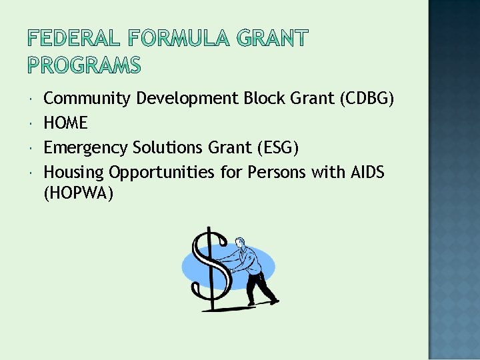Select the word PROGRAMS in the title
pyautogui.click(x=84, y=66)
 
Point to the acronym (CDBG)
pyautogui.click(x=367, y=99)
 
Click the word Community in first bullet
pyautogui.click(x=87, y=99)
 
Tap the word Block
pyautogui.click(x=263, y=99)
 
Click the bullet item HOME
pyautogui.click(x=65, y=123)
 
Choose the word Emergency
pyautogui.click(x=86, y=147)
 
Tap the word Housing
pyautogui.click(x=73, y=172)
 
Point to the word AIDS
pyautogui.click(x=367, y=172)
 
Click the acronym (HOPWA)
pyautogui.click(x=79, y=193)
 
